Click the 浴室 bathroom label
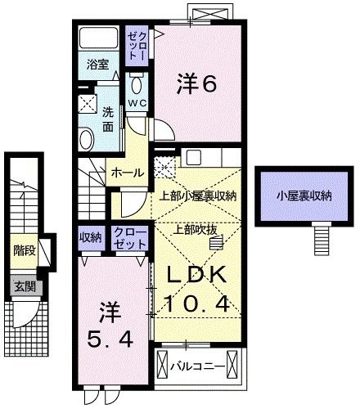click(97, 65)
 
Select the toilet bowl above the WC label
click(136, 84)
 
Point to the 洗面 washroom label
click(108, 120)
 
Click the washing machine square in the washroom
click(88, 105)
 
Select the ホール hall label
click(128, 173)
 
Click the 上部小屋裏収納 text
click(197, 196)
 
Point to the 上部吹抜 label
click(196, 231)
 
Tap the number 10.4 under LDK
click(196, 303)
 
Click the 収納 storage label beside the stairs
click(90, 237)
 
